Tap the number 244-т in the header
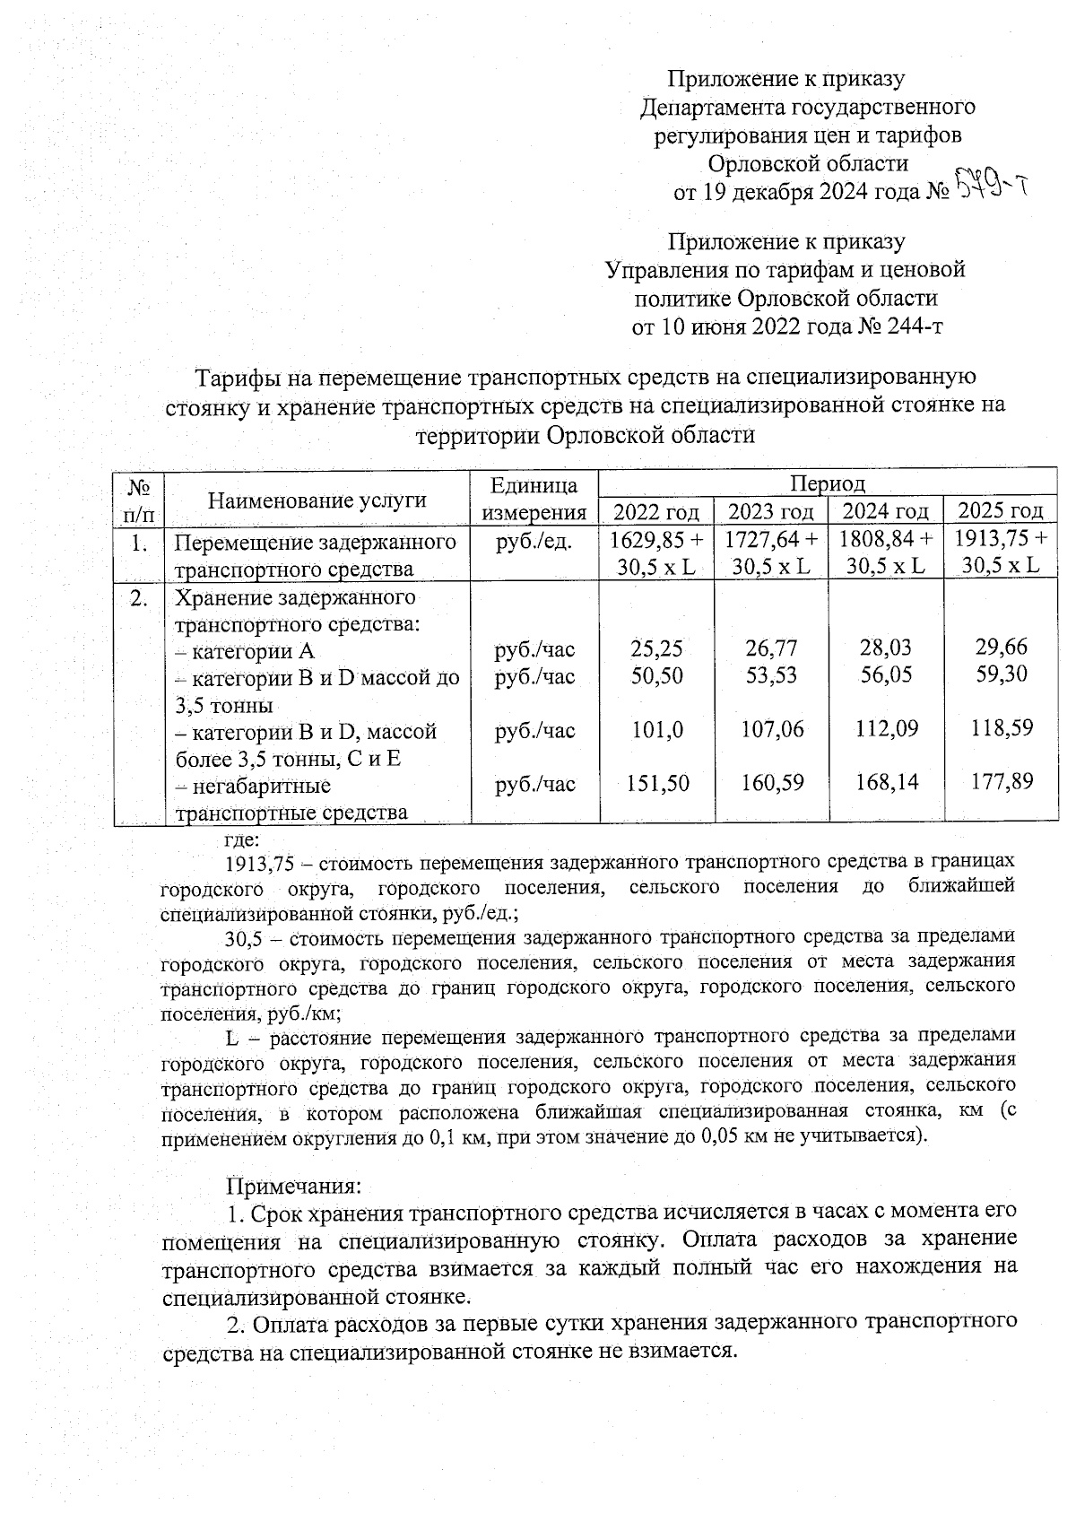(x=912, y=326)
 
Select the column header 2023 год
(x=771, y=512)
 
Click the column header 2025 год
(x=1001, y=511)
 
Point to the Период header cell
(x=827, y=484)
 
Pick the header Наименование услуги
(x=317, y=500)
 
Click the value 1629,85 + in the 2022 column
(x=656, y=540)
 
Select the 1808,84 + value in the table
(x=887, y=540)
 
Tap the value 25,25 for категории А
(x=656, y=648)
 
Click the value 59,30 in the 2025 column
(x=1002, y=674)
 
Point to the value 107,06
(x=772, y=730)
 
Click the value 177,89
(x=1002, y=782)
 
